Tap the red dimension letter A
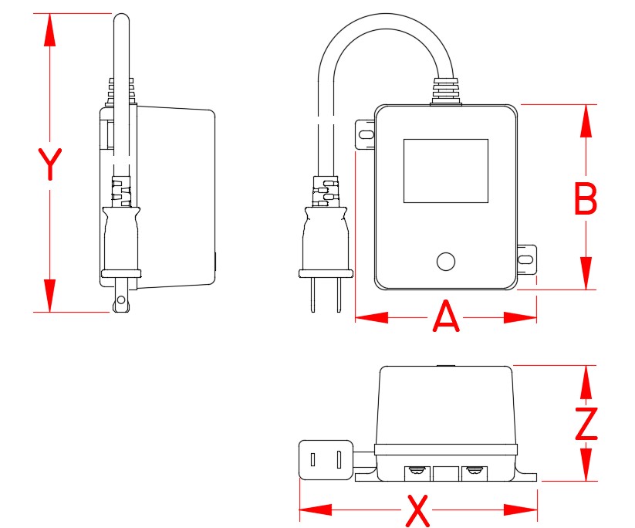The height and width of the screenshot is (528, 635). point(446,317)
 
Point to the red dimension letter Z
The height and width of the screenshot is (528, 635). point(587,424)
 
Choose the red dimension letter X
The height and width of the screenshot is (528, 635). point(417,509)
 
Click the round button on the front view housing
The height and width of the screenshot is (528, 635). point(445,262)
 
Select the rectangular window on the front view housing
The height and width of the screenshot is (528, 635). point(446,171)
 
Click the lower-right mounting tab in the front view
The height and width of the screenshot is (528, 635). point(526,259)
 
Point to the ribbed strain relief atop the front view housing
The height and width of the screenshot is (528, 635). point(444,90)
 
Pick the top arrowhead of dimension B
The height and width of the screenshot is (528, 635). point(586,120)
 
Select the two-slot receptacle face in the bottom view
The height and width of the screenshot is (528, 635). point(326,460)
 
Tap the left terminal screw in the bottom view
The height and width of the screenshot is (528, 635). point(417,470)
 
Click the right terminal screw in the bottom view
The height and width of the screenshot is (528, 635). point(474,470)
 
